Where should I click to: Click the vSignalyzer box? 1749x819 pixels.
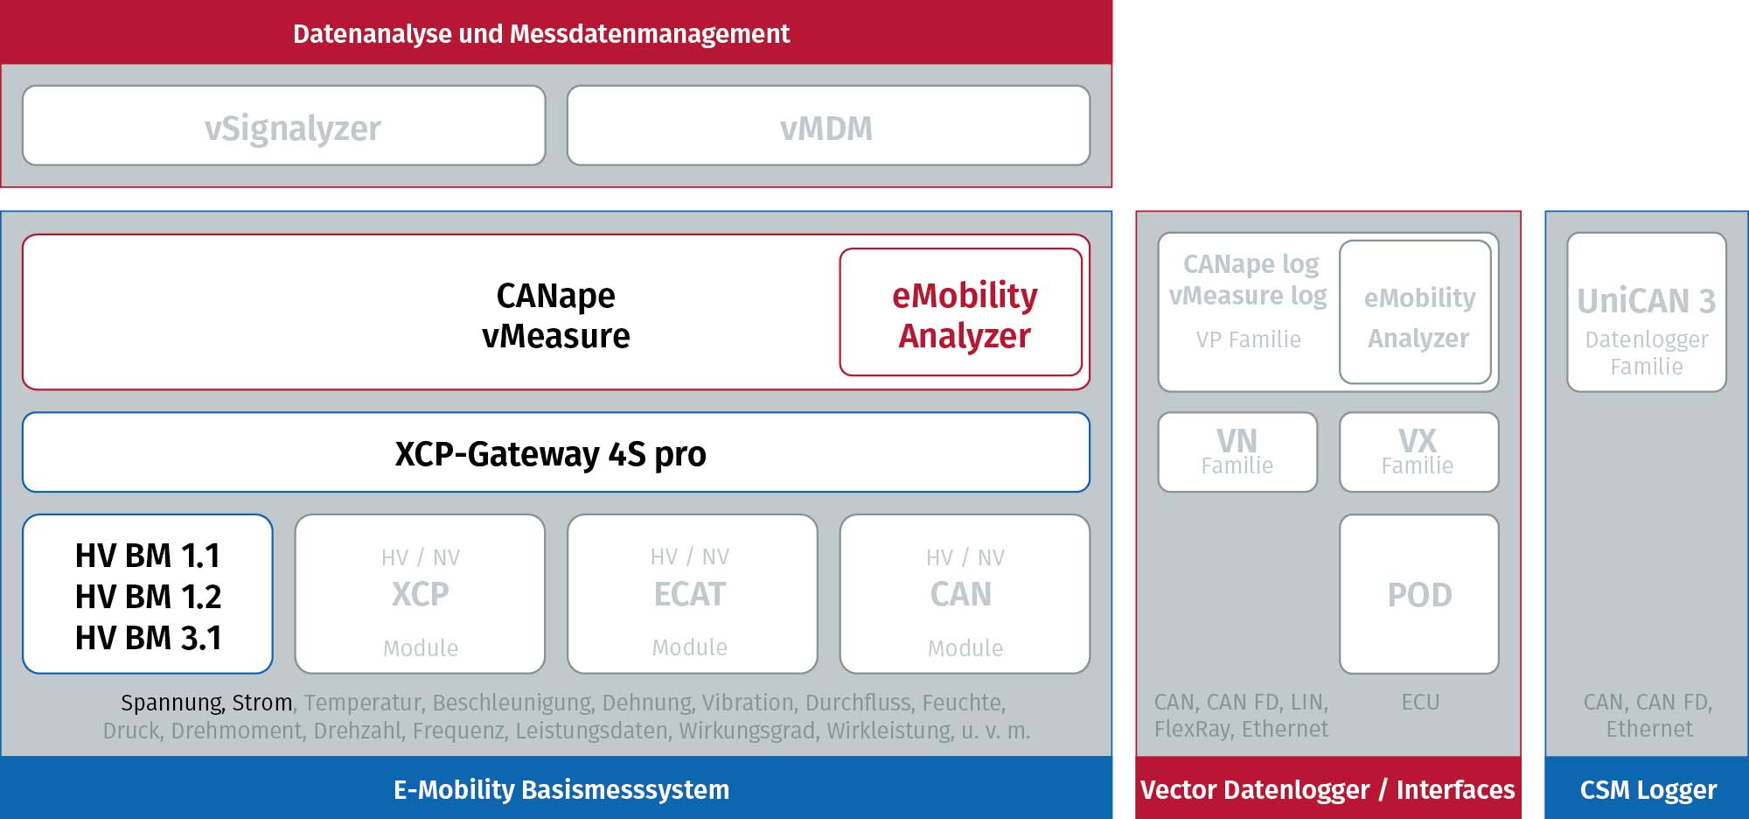click(284, 125)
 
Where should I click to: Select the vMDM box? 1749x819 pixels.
click(828, 125)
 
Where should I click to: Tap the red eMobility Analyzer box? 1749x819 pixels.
click(961, 312)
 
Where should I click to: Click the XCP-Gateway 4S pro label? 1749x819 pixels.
click(550, 454)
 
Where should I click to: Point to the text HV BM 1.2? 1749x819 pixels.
click(148, 597)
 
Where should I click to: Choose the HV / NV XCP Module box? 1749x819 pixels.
click(420, 594)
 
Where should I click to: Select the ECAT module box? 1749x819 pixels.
click(693, 594)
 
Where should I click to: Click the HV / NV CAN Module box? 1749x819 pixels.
click(965, 594)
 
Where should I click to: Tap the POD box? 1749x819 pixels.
click(1419, 594)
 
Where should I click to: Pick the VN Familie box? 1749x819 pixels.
click(1237, 452)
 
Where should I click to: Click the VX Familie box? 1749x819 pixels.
click(1419, 452)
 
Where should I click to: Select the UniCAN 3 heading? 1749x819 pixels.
click(1647, 301)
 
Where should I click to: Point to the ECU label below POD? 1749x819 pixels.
click(1420, 702)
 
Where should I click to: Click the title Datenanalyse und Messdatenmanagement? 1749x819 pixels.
click(541, 33)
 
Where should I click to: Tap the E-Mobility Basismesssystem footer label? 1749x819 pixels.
click(561, 789)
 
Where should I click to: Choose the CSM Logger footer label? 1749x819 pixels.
click(1648, 789)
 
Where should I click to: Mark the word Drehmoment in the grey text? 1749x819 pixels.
click(236, 730)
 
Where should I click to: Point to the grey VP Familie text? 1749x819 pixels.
click(1248, 339)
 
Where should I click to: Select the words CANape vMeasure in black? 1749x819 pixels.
click(556, 316)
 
